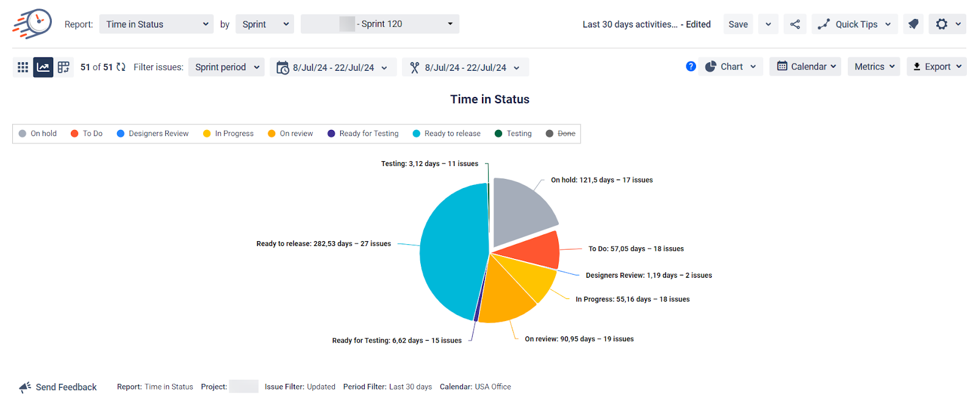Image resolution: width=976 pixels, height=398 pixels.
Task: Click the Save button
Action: coord(737,24)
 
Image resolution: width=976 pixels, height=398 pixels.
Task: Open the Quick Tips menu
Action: coord(855,24)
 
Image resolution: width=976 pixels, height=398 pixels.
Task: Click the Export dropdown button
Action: coord(936,67)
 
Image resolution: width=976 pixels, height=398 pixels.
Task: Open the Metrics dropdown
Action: coord(874,67)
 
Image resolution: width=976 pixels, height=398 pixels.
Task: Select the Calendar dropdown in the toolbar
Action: coord(805,67)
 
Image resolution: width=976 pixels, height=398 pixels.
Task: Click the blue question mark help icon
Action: coord(691,67)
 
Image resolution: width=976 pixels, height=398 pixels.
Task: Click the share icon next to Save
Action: coord(795,24)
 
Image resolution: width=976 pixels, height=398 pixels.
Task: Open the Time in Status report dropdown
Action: coord(156,24)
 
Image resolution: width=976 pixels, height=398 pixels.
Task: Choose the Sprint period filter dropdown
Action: coord(226,67)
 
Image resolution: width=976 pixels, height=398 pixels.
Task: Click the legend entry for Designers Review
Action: coord(158,134)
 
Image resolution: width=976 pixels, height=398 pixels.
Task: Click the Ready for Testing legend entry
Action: coord(368,134)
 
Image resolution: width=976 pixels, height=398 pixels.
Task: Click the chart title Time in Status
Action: coord(489,99)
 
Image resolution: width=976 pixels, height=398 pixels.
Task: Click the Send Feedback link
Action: coord(65,387)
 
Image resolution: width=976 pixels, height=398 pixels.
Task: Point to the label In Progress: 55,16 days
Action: coord(632,299)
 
